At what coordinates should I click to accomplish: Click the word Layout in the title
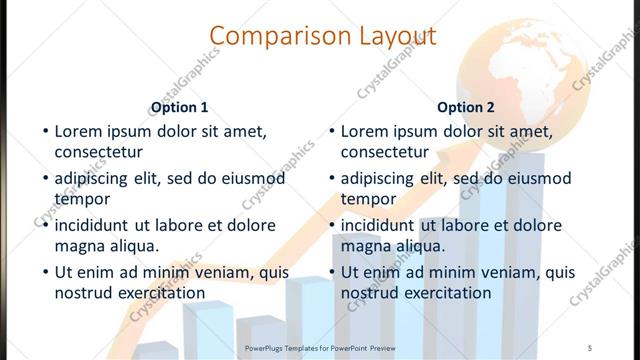[391, 37]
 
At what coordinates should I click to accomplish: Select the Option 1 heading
[179, 107]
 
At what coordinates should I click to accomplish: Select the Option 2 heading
[466, 107]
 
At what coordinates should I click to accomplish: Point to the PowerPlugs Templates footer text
[320, 347]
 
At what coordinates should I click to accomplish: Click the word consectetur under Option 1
[98, 152]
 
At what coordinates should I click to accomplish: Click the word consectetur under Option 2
[385, 152]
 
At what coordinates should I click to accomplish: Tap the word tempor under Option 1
[82, 198]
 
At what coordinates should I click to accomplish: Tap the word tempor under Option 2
[368, 198]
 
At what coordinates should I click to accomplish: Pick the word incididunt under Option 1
[93, 225]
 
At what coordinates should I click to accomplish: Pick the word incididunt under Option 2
[380, 225]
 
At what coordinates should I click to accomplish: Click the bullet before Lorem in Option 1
[44, 131]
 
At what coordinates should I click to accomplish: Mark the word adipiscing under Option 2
[379, 178]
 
